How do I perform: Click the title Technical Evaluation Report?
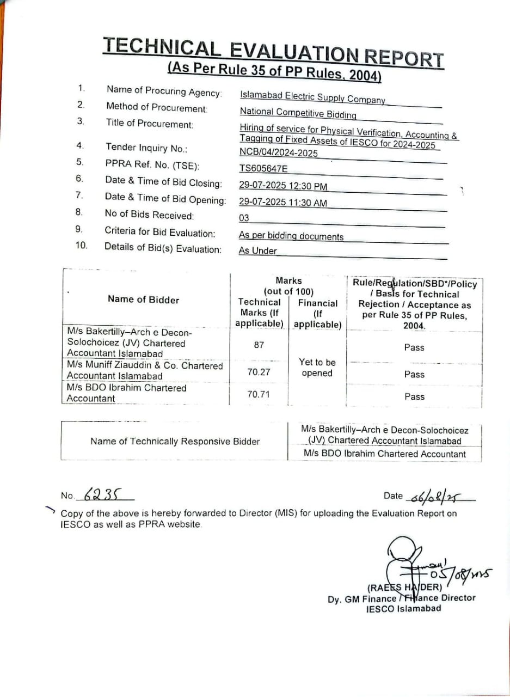coord(273,52)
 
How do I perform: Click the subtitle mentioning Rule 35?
coord(274,71)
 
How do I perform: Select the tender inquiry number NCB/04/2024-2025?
coord(278,153)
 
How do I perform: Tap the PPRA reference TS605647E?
coord(263,169)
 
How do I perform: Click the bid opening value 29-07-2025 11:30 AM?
coord(283,203)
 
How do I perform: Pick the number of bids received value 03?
coord(244,218)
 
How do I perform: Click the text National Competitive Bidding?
coord(298,113)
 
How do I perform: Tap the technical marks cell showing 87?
coord(259,345)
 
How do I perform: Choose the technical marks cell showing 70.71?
coord(259,394)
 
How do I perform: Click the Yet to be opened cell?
coord(317,368)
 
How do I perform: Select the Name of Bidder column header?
coord(143,299)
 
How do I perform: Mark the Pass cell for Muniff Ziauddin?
coord(414,375)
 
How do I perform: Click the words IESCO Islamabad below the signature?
coord(404,609)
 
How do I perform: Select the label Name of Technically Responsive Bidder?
coord(175,442)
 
